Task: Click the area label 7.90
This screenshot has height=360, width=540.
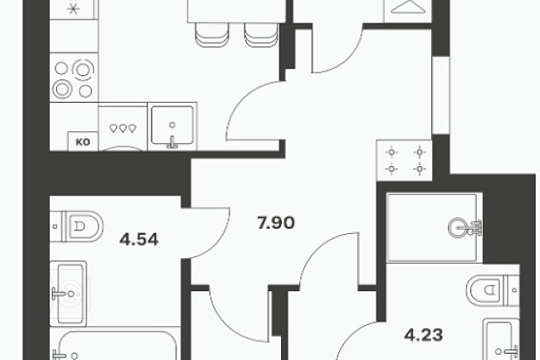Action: pyautogui.click(x=276, y=222)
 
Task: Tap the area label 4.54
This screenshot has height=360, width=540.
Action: pyautogui.click(x=138, y=239)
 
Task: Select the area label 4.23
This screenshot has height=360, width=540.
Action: pyautogui.click(x=423, y=334)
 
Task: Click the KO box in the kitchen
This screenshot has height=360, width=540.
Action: pyautogui.click(x=83, y=141)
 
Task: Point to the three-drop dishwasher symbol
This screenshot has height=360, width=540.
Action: pyautogui.click(x=122, y=129)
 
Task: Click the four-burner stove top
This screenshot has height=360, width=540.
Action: pyautogui.click(x=74, y=78)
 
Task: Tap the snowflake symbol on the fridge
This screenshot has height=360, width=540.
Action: pyautogui.click(x=73, y=8)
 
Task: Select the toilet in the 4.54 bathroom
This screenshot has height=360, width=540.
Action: pyautogui.click(x=77, y=226)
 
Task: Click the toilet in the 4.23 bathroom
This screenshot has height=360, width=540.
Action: pyautogui.click(x=493, y=290)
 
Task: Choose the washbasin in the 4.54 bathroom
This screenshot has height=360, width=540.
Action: pyautogui.click(x=68, y=293)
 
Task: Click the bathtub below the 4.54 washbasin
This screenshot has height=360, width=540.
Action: pyautogui.click(x=115, y=345)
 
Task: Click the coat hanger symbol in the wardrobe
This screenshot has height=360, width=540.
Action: pyautogui.click(x=408, y=7)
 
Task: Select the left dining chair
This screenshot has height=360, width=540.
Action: pyautogui.click(x=212, y=34)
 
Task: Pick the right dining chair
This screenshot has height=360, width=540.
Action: pyautogui.click(x=262, y=34)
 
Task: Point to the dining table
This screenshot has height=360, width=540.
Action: pyautogui.click(x=237, y=11)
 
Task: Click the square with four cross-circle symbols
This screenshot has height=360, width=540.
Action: pyautogui.click(x=404, y=160)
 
